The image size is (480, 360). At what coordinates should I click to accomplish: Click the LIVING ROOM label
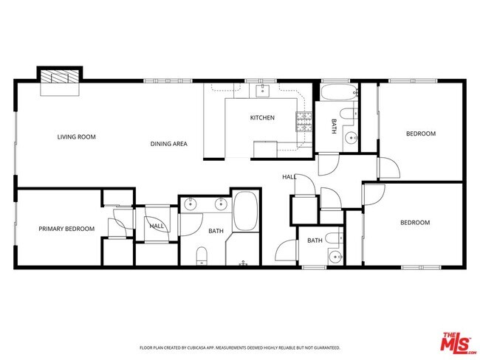(x=77, y=136)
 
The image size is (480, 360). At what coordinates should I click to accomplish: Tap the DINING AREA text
(x=168, y=144)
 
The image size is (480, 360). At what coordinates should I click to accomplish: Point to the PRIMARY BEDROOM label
(x=66, y=229)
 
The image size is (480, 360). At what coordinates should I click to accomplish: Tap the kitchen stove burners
(x=304, y=122)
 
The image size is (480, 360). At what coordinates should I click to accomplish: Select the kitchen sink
(x=262, y=91)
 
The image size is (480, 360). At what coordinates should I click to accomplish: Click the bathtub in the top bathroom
(x=339, y=94)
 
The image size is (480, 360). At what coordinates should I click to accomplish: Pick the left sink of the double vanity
(x=191, y=204)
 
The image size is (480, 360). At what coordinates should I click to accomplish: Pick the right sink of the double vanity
(x=220, y=204)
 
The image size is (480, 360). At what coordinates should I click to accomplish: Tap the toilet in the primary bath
(x=201, y=255)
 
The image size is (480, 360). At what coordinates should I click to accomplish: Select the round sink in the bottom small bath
(x=335, y=256)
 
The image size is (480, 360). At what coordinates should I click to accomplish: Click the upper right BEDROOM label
(x=421, y=134)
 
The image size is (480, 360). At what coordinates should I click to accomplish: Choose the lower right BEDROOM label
(x=414, y=223)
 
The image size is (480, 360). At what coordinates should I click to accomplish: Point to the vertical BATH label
(x=333, y=126)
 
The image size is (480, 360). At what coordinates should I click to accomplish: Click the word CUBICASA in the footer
(x=205, y=347)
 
